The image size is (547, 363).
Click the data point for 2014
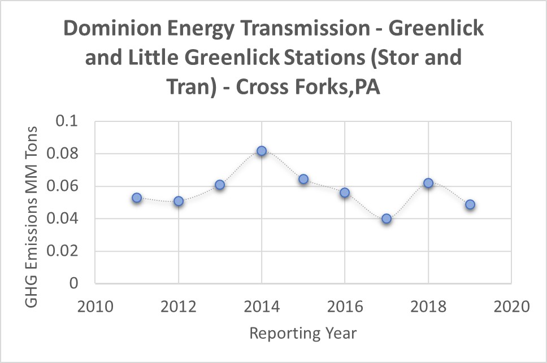click(262, 151)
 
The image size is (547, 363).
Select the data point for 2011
click(137, 198)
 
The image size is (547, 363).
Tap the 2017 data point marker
click(387, 218)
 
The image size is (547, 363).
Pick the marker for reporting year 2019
click(470, 204)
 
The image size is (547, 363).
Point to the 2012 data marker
click(179, 201)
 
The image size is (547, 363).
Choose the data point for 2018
click(428, 183)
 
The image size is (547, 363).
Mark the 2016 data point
click(345, 193)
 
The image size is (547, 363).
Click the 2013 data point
click(220, 185)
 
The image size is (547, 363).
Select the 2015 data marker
click(303, 179)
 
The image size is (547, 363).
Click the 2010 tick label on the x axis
click(95, 308)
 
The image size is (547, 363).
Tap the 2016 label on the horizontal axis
click(345, 308)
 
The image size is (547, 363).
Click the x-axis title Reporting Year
click(303, 334)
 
